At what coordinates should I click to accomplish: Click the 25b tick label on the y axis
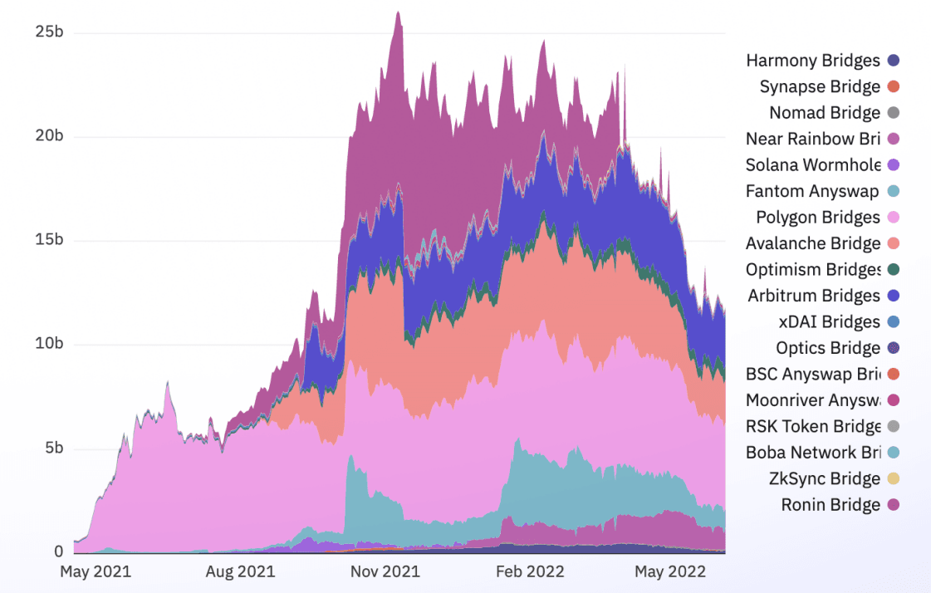pos(49,32)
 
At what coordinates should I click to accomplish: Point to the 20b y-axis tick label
pos(49,136)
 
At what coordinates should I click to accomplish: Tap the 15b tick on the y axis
pos(49,240)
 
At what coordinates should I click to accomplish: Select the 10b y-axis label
pos(49,344)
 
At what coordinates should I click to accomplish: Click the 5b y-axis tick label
pos(53,448)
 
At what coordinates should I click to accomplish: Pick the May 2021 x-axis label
pos(96,571)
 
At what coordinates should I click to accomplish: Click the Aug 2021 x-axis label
pos(240,571)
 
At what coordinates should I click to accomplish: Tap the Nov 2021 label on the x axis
pos(385,571)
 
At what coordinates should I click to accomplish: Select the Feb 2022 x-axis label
pos(530,571)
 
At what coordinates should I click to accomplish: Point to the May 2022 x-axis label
pos(671,571)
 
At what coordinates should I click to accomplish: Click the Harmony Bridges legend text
pos(812,61)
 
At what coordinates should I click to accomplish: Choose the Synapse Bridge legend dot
pos(894,86)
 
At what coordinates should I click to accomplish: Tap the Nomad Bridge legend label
pos(824,113)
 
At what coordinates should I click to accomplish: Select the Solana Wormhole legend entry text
pos(813,164)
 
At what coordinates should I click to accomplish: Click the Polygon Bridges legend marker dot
pos(894,217)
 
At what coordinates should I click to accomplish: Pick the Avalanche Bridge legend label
pos(812,243)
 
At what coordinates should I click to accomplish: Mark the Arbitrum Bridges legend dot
pos(894,296)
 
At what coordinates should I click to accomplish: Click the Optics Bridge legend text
pos(827,348)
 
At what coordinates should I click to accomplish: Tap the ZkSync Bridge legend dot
pos(894,478)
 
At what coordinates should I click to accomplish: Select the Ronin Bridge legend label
pos(830,505)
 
